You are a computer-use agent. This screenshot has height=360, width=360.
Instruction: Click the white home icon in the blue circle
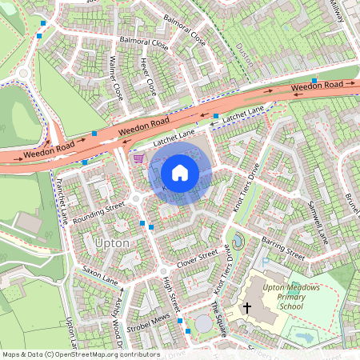click(180, 172)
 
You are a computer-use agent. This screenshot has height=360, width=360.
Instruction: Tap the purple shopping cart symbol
click(138, 158)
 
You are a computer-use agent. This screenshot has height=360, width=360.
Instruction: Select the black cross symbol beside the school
click(247, 306)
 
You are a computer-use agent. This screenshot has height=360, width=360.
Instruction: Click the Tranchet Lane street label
click(61, 200)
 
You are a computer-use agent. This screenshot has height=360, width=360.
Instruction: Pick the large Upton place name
click(110, 242)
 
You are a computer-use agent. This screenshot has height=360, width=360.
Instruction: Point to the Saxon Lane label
click(99, 277)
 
